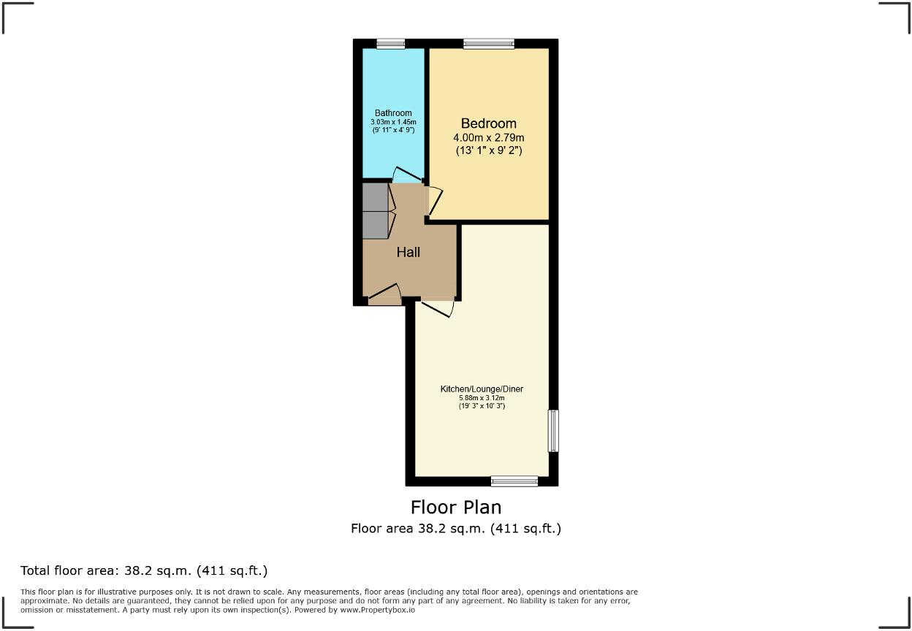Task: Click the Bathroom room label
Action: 394,113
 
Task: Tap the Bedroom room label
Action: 488,123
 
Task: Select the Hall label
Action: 408,253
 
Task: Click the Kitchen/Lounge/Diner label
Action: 482,389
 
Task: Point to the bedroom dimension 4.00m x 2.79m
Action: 488,137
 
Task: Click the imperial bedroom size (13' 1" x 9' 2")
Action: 488,150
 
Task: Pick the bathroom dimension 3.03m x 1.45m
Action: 394,122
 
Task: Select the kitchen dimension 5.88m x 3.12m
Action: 482,398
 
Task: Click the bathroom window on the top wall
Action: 391,44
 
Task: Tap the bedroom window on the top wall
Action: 488,44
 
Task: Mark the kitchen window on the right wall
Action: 553,431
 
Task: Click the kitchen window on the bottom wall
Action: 514,481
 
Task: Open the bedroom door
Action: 434,202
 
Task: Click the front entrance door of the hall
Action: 384,295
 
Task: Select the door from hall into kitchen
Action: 437,308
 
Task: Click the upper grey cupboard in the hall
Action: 376,197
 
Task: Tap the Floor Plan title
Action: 456,507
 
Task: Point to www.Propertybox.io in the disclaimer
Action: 378,609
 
